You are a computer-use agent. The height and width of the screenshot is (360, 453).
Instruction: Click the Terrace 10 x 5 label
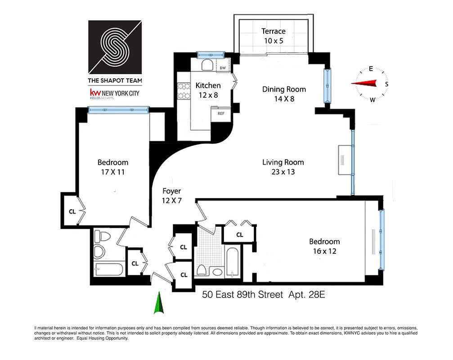pyautogui.click(x=274, y=36)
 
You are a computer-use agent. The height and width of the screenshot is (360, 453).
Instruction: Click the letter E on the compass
pyautogui.click(x=371, y=69)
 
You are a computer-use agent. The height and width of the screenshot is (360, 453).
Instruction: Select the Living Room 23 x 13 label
pyautogui.click(x=283, y=167)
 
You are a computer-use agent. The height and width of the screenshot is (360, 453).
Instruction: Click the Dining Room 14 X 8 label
pyautogui.click(x=284, y=94)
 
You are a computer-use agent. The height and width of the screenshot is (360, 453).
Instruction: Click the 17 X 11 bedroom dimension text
pyautogui.click(x=113, y=171)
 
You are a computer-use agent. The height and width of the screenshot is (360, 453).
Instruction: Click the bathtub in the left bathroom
pyautogui.click(x=108, y=270)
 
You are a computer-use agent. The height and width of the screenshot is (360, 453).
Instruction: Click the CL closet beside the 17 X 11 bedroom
pyautogui.click(x=72, y=209)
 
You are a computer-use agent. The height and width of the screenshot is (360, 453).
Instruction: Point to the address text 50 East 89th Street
pyautogui.click(x=242, y=295)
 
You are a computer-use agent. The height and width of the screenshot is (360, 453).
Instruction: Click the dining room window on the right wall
pyautogui.click(x=327, y=85)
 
